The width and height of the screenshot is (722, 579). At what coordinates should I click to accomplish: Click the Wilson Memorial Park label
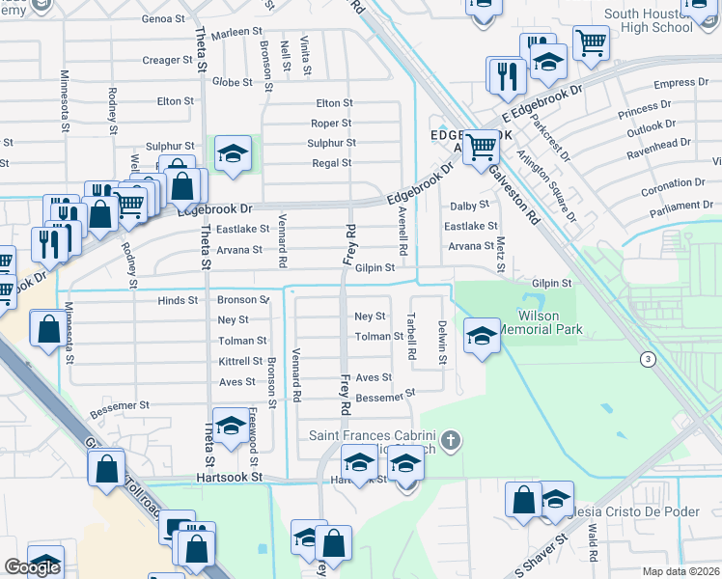click(x=551, y=322)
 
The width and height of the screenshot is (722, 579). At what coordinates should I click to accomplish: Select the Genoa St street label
click(x=162, y=18)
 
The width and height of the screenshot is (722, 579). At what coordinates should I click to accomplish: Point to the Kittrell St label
click(x=240, y=361)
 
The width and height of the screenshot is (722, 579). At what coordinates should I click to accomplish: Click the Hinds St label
click(x=178, y=300)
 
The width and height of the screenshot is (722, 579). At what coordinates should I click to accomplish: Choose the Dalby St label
click(x=470, y=206)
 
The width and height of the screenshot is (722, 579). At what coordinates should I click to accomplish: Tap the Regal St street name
click(x=331, y=163)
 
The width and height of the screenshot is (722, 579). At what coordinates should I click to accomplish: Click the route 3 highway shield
click(x=645, y=359)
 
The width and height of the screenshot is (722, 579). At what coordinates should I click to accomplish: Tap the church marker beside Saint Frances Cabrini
click(x=449, y=442)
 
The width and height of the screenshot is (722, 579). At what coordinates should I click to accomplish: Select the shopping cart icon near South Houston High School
click(x=590, y=41)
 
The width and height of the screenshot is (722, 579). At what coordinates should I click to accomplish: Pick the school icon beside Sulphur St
click(x=233, y=153)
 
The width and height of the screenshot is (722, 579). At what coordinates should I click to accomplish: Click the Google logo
click(x=32, y=567)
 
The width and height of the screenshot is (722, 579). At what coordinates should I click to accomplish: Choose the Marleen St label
click(x=231, y=32)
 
